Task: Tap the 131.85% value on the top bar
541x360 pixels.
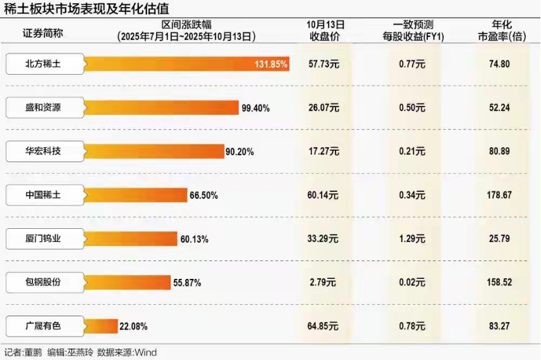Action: [271, 64]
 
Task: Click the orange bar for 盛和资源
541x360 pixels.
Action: [161, 108]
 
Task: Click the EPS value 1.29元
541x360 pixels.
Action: [412, 239]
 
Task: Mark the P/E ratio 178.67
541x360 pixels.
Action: [499, 195]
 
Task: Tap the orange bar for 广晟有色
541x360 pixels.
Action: [100, 326]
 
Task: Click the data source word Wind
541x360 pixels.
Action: [145, 352]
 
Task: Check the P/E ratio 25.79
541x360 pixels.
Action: [499, 239]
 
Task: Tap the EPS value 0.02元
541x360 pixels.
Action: [412, 283]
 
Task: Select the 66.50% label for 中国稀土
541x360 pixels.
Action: [204, 195]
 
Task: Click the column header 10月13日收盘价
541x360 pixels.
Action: [325, 31]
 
